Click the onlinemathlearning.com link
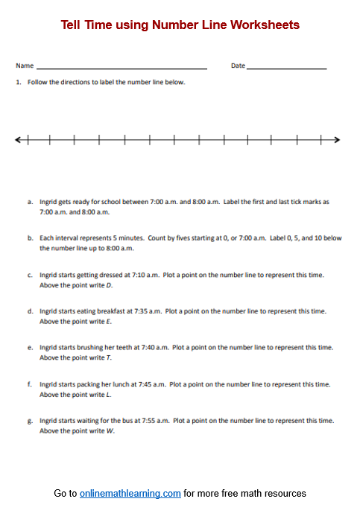click(x=130, y=494)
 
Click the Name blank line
click(x=121, y=68)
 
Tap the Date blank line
click(x=286, y=68)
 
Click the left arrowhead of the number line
click(x=19, y=139)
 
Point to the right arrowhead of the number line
click(x=337, y=139)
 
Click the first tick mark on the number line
click(x=28, y=139)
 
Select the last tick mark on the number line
click(x=321, y=139)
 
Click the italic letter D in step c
click(x=110, y=285)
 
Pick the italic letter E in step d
click(x=109, y=322)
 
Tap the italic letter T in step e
click(x=109, y=358)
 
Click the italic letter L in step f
click(x=108, y=395)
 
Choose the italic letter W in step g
click(x=110, y=431)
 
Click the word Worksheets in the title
click(x=265, y=25)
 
